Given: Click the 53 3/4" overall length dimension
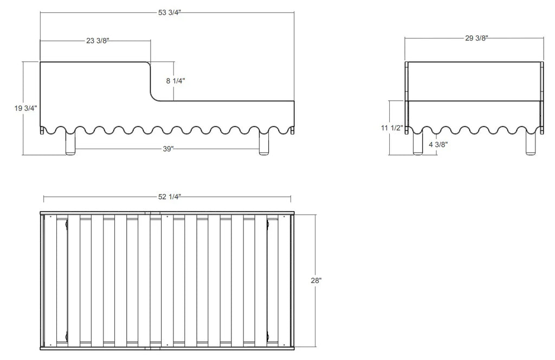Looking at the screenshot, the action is click(x=170, y=13).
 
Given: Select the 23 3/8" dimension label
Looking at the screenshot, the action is click(x=98, y=41).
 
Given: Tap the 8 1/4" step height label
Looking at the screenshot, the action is click(x=176, y=81).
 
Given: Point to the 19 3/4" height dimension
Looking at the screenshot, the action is click(x=25, y=108).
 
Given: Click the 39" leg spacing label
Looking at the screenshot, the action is click(x=168, y=149).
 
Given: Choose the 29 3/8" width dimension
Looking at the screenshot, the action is click(x=477, y=38).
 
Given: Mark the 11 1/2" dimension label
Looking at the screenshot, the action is click(x=392, y=128).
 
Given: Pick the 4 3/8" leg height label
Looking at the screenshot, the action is click(x=438, y=144).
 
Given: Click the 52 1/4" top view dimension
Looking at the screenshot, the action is click(x=170, y=197).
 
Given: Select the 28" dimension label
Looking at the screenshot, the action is click(x=316, y=281).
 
